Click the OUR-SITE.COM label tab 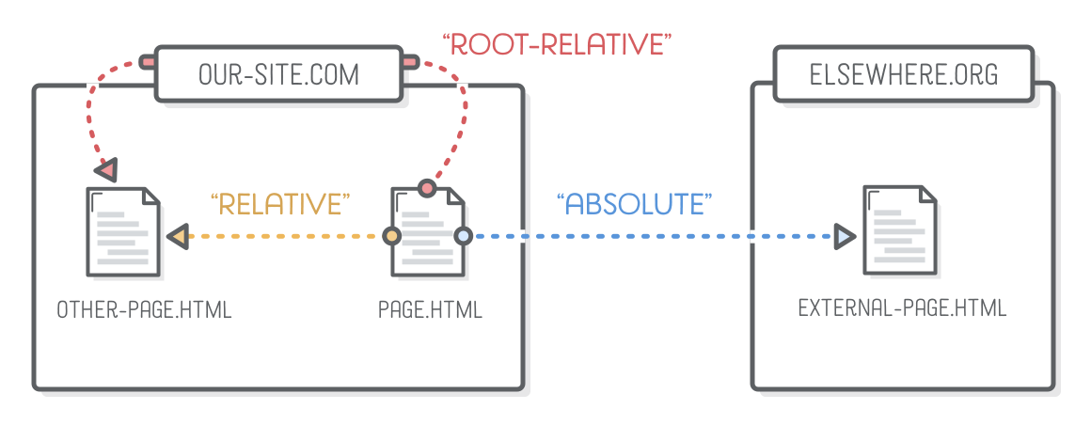(278, 74)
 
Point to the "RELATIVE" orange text (280, 203)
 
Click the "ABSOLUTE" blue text (634, 204)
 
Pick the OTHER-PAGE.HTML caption (144, 309)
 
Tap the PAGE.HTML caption (430, 309)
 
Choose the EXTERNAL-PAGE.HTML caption (902, 308)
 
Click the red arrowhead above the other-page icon (106, 170)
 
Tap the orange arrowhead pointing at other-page (177, 236)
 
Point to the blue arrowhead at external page (845, 235)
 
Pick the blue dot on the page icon (463, 236)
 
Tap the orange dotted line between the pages (282, 236)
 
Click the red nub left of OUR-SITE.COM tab (147, 63)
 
